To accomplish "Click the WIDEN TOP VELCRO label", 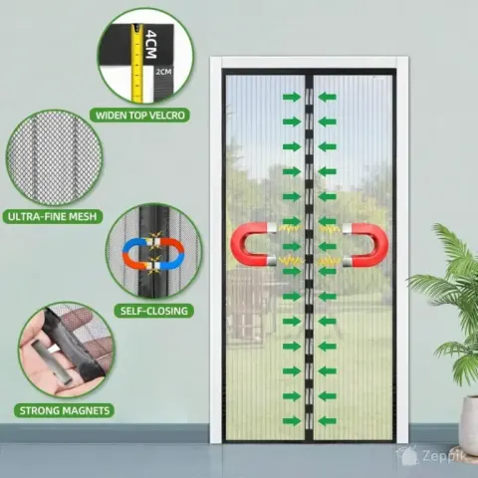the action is click(x=139, y=116).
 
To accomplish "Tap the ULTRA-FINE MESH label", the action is click(x=52, y=217).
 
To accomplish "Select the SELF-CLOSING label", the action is click(x=154, y=311).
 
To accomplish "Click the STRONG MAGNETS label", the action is click(x=65, y=410).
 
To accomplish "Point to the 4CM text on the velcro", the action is click(x=150, y=44).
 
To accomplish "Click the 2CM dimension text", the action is click(x=163, y=72).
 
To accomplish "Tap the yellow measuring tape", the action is click(x=136, y=62).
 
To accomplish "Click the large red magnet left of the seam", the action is click(x=253, y=244).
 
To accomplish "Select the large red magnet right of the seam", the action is click(x=365, y=245).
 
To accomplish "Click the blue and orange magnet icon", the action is click(x=153, y=253).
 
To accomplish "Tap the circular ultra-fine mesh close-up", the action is click(x=54, y=158).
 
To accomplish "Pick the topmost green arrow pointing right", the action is click(x=292, y=97).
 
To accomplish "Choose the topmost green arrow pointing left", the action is click(x=328, y=97).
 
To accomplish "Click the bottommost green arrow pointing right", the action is click(x=292, y=421).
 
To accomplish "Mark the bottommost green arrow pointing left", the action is click(x=328, y=421).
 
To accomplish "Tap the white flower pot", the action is click(x=470, y=420).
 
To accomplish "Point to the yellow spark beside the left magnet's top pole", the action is click(x=290, y=228).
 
